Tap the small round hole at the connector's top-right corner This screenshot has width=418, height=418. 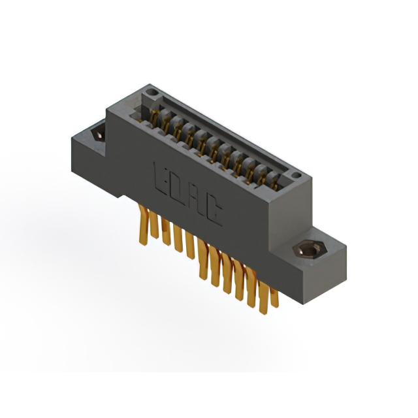296,175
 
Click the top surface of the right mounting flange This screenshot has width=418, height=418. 320,240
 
